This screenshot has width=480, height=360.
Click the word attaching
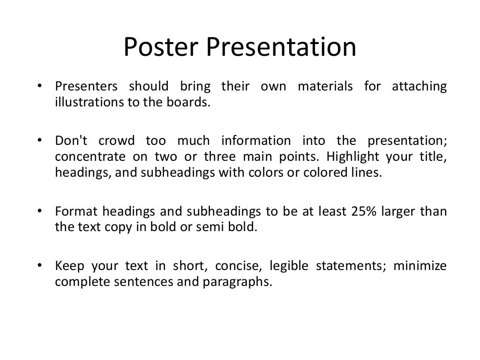pos(419,87)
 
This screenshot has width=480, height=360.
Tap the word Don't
pos(69,141)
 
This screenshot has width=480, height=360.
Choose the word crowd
pos(117,141)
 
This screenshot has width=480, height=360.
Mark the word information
pos(256,141)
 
